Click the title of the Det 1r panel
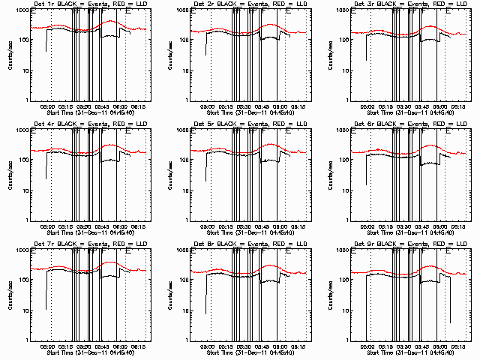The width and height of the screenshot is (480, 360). click(x=83, y=6)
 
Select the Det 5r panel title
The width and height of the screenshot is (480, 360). click(x=244, y=124)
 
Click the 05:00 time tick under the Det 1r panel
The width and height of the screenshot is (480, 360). click(x=47, y=106)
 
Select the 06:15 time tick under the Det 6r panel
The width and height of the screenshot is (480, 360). click(x=459, y=226)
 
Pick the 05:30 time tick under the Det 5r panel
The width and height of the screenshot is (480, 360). click(x=244, y=226)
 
